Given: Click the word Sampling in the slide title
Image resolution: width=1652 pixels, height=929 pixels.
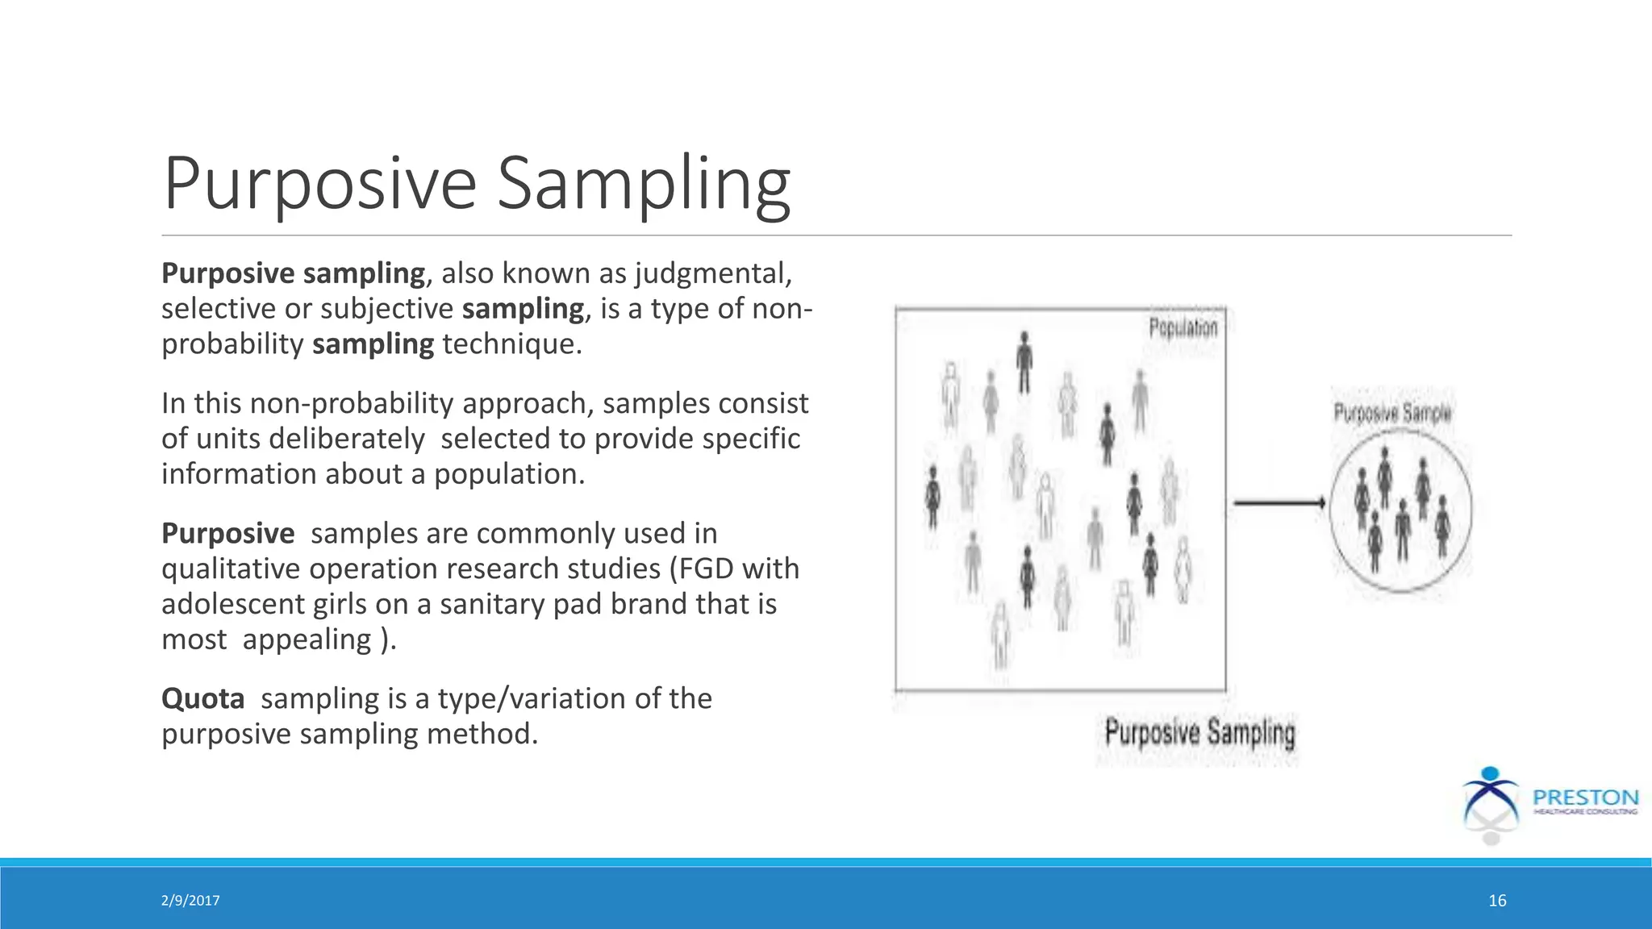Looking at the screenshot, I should click(x=643, y=184).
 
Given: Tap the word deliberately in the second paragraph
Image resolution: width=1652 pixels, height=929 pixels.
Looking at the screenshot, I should click(x=346, y=439).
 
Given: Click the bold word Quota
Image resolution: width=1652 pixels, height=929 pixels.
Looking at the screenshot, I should click(x=202, y=698).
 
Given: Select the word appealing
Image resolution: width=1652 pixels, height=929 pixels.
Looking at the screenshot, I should click(x=307, y=639).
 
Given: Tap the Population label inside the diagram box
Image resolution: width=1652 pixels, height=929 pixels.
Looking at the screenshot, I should click(x=1183, y=328).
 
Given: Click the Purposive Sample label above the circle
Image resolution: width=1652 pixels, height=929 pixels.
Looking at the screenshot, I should click(x=1392, y=414).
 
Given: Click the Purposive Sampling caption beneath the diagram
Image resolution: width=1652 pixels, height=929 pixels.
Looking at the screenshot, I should click(x=1199, y=734).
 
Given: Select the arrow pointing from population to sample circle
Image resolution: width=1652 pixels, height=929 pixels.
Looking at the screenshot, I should click(x=1279, y=503).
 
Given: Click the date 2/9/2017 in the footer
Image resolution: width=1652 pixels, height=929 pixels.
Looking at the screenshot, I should click(x=190, y=901).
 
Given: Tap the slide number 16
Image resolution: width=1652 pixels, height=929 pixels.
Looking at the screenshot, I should click(x=1497, y=901).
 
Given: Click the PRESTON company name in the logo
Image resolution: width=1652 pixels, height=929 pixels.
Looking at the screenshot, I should click(x=1585, y=798).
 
